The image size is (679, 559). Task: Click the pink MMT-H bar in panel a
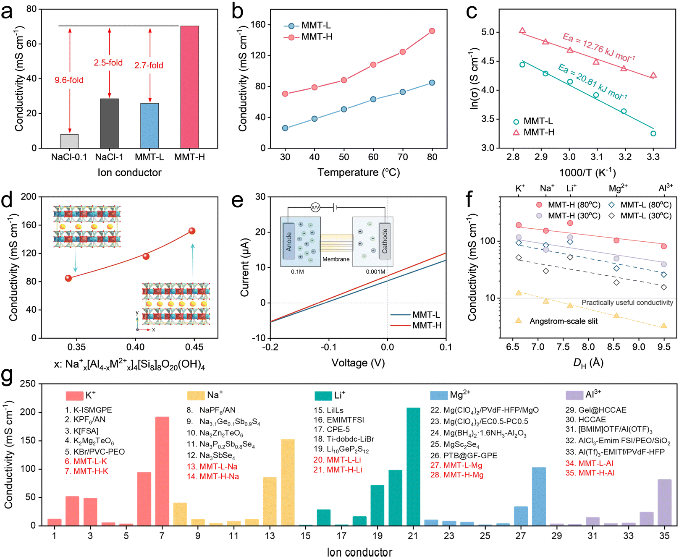coord(189,87)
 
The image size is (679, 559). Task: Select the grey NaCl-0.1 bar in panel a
coord(69,141)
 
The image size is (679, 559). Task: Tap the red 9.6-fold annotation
coord(69,80)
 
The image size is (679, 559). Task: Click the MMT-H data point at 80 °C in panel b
coord(432,31)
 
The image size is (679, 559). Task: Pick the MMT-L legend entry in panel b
coord(307,26)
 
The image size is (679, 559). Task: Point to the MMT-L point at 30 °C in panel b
coord(285,128)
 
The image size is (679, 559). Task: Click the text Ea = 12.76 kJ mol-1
coord(598,47)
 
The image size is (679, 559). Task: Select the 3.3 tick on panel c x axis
coord(653,157)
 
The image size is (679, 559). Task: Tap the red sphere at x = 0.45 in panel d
coord(192,231)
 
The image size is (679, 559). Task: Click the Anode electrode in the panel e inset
coord(288,242)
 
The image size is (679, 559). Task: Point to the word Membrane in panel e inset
coord(336,259)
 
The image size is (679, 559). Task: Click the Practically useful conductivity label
coord(627,303)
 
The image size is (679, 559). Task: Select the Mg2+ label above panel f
coord(618,188)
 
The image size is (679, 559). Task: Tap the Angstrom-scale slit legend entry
coord(563,321)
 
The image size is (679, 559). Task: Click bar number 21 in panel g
coord(413,466)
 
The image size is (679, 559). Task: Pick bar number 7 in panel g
coord(162,471)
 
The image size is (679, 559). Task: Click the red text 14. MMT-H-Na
coord(213,476)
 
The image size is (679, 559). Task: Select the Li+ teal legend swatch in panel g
coord(323,396)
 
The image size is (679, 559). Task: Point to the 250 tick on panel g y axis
coord(28,384)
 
